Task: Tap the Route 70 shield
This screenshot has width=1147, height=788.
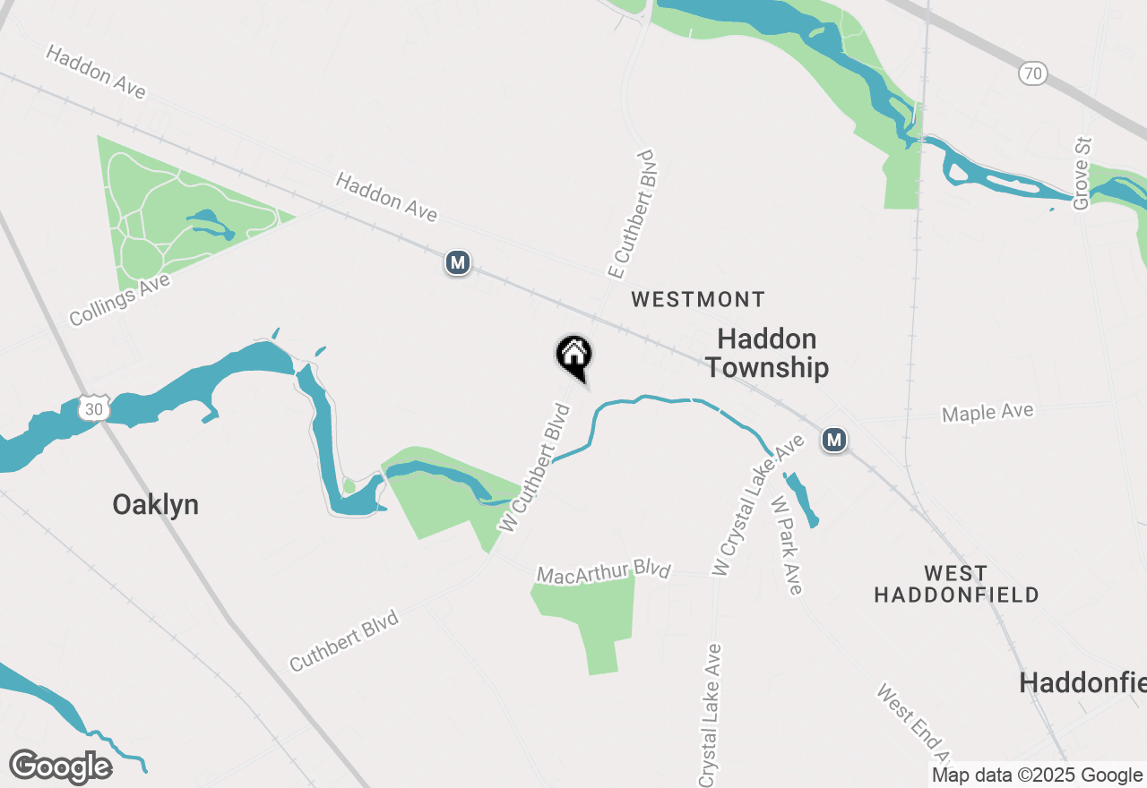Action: (x=1033, y=73)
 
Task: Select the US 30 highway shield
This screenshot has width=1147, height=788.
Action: (x=93, y=408)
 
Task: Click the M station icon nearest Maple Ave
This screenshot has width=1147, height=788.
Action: (x=834, y=440)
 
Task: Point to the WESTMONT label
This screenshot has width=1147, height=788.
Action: (x=698, y=299)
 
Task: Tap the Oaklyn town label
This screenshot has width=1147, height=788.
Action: (x=155, y=505)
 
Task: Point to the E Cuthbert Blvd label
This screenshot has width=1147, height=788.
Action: (x=633, y=214)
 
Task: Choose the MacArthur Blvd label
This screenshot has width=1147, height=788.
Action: (x=603, y=571)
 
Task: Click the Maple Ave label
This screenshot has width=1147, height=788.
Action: (x=987, y=413)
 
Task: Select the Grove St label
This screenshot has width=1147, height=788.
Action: (x=1082, y=173)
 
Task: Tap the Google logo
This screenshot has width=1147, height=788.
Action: (x=60, y=767)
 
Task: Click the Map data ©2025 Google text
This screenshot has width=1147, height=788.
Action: (x=1037, y=775)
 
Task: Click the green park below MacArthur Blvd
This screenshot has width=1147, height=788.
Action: (x=589, y=617)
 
